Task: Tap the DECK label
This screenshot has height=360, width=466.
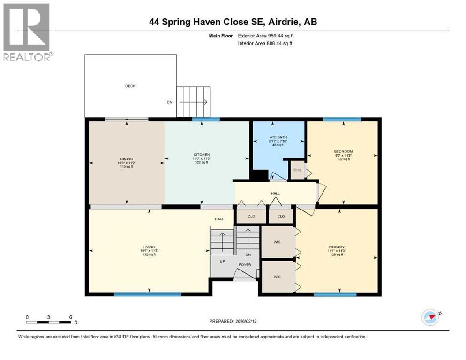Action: (x=130, y=86)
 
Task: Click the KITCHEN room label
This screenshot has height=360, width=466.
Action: (x=202, y=154)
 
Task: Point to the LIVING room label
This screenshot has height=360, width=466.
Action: (x=149, y=247)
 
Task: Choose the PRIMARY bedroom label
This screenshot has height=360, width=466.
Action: (x=336, y=247)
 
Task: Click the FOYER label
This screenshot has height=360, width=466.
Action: (x=244, y=265)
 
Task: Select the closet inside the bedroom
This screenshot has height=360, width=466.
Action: (x=297, y=171)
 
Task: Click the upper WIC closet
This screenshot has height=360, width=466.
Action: (x=277, y=242)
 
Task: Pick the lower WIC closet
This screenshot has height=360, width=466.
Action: (x=277, y=277)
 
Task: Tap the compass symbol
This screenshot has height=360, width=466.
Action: (x=430, y=317)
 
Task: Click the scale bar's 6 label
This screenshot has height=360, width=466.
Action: (x=70, y=317)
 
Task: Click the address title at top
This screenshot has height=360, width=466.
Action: (x=233, y=22)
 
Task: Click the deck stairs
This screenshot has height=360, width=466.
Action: (x=193, y=102)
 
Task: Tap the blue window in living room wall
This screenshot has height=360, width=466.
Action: (x=148, y=294)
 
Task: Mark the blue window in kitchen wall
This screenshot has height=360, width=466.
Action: (x=205, y=119)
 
